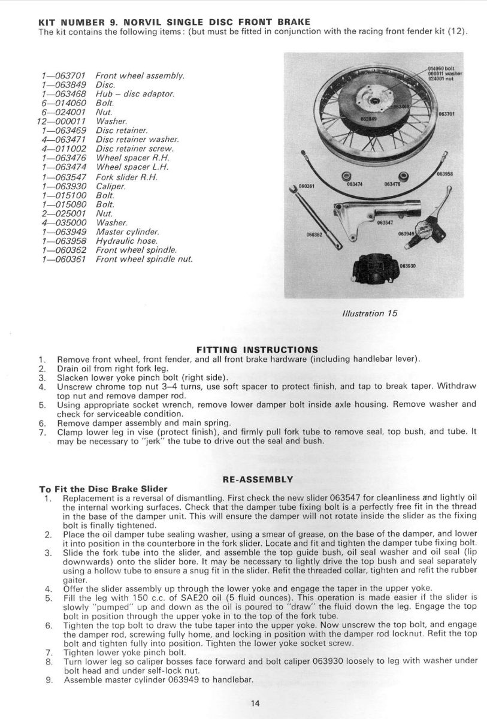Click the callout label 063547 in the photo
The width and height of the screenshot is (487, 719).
[x=385, y=222]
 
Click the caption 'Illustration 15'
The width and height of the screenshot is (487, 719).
[x=369, y=313]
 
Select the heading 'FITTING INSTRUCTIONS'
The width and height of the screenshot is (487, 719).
[x=257, y=349]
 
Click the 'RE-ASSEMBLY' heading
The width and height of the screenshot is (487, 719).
[x=257, y=479]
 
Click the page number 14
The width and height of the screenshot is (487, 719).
[x=256, y=703]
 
